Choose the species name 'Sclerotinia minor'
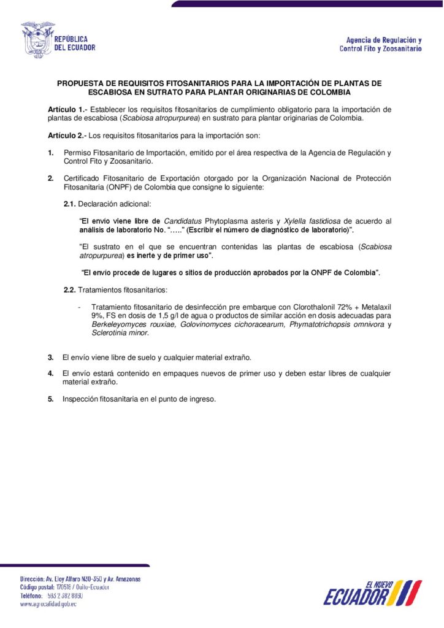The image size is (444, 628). [x=120, y=333]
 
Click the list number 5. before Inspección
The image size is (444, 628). [x=51, y=399]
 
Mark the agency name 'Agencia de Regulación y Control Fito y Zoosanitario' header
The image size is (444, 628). [x=380, y=44]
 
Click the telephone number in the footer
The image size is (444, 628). [x=65, y=595]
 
